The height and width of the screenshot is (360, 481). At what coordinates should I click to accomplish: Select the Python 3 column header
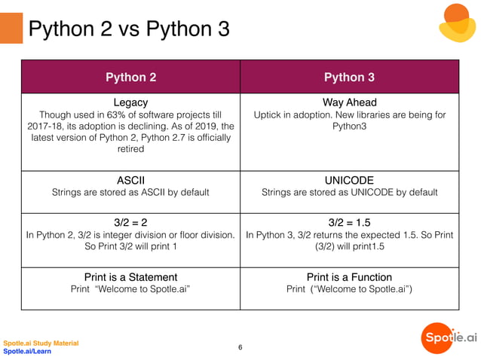(x=349, y=77)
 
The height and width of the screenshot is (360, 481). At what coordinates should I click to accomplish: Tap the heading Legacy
(x=130, y=102)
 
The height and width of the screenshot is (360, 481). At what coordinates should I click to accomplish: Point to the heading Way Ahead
(x=349, y=102)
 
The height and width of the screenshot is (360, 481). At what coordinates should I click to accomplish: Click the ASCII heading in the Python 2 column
(x=130, y=180)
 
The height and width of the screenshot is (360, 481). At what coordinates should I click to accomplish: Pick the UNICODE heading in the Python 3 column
(x=349, y=180)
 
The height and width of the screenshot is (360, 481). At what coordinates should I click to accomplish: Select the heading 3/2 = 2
(x=130, y=222)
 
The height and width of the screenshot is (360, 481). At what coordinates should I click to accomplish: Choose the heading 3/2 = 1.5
(x=349, y=222)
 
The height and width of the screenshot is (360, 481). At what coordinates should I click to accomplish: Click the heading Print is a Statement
(x=130, y=277)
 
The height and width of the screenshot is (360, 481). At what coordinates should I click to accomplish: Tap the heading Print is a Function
(x=349, y=277)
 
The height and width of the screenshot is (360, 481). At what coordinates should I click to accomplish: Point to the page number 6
(x=240, y=347)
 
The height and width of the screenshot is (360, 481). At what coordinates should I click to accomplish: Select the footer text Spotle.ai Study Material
(x=41, y=343)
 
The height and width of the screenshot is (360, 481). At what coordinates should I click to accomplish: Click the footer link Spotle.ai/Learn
(x=27, y=352)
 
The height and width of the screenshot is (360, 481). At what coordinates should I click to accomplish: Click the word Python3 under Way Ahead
(x=349, y=126)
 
